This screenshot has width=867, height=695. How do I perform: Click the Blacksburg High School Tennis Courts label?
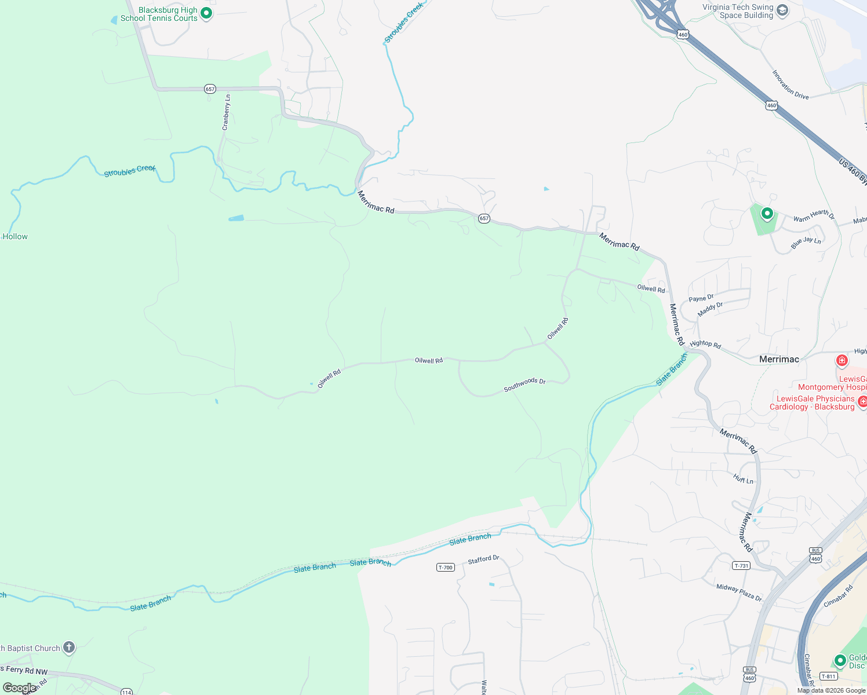[159, 14]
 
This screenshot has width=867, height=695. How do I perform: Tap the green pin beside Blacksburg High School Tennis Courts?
[206, 13]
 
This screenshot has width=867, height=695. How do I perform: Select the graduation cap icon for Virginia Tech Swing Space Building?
[782, 10]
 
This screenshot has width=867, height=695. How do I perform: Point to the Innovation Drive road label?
[790, 85]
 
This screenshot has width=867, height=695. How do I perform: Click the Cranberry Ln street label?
[226, 112]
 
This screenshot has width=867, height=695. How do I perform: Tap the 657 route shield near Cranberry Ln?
[210, 89]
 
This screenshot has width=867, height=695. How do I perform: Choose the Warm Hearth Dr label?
[814, 215]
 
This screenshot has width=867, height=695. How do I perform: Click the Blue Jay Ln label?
[806, 243]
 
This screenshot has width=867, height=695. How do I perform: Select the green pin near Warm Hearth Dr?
[767, 214]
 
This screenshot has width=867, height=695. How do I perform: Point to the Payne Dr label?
[701, 298]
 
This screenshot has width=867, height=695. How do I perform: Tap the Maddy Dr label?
[710, 309]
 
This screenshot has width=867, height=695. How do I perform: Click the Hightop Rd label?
[705, 344]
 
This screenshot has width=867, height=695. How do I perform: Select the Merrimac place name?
[779, 359]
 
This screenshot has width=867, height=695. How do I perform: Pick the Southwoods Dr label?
[524, 385]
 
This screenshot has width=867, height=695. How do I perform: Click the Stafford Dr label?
[483, 559]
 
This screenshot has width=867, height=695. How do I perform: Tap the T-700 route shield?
[445, 568]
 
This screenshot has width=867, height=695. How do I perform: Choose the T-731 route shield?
[741, 566]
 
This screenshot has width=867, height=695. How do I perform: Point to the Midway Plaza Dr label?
[739, 592]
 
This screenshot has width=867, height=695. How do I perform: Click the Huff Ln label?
[743, 479]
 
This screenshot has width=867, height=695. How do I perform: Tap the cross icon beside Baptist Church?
[69, 648]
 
